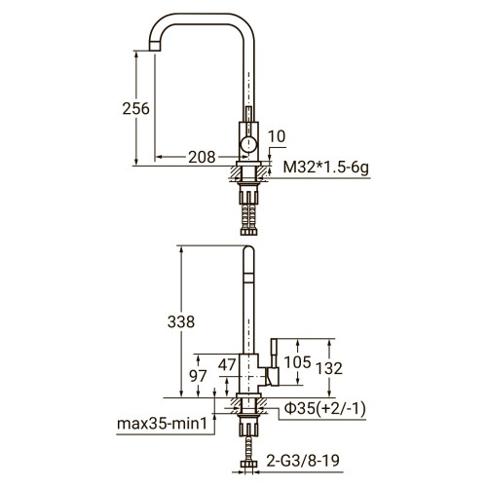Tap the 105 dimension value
[x=298, y=363]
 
